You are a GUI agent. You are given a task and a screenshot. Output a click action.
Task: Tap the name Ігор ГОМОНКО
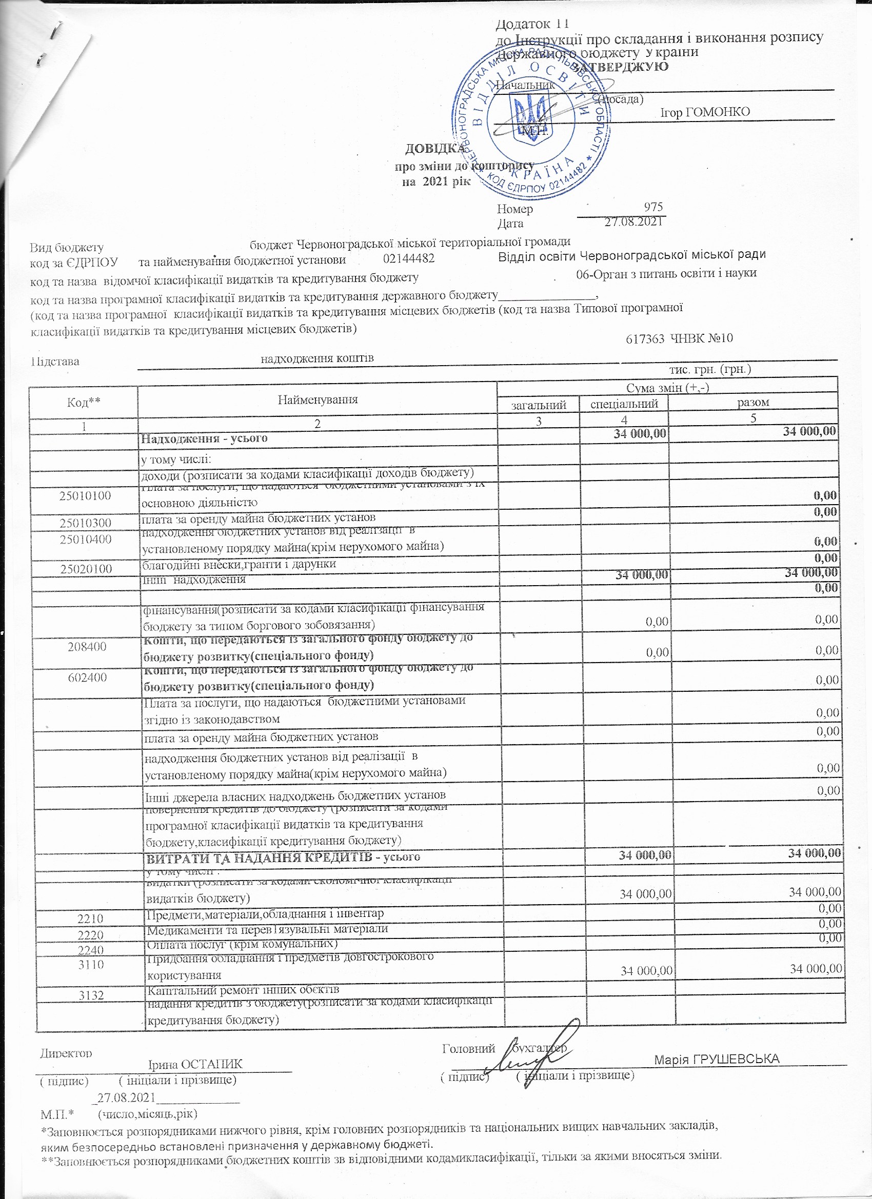click(705, 112)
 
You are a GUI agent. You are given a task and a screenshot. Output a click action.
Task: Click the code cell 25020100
click(86, 569)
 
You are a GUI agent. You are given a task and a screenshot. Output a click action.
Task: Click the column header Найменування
click(318, 399)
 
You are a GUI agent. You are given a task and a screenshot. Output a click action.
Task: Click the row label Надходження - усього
click(204, 438)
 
